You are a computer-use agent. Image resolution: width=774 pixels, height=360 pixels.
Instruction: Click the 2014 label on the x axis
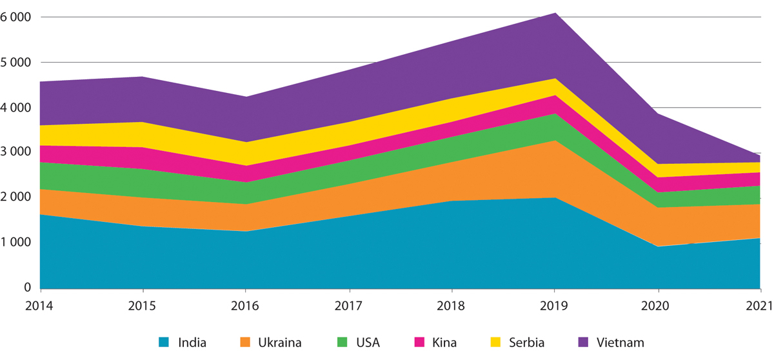click(x=40, y=304)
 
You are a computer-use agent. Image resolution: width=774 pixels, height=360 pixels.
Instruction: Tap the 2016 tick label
click(x=246, y=304)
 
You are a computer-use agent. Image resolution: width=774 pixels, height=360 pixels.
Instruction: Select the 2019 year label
click(x=555, y=304)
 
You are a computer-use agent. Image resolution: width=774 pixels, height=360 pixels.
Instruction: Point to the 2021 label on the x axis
click(x=760, y=304)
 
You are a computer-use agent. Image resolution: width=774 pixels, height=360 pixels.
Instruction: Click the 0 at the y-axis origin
click(x=26, y=288)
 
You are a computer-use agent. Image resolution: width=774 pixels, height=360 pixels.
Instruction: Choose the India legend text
click(x=192, y=342)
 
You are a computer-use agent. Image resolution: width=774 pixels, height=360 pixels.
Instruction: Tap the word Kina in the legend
click(x=444, y=342)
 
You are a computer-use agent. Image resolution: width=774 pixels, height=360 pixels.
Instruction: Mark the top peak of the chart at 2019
click(x=555, y=13)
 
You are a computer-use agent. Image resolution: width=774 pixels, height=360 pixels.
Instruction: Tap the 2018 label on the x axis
click(x=451, y=304)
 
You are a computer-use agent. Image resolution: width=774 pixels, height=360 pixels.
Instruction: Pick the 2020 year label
click(x=657, y=304)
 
